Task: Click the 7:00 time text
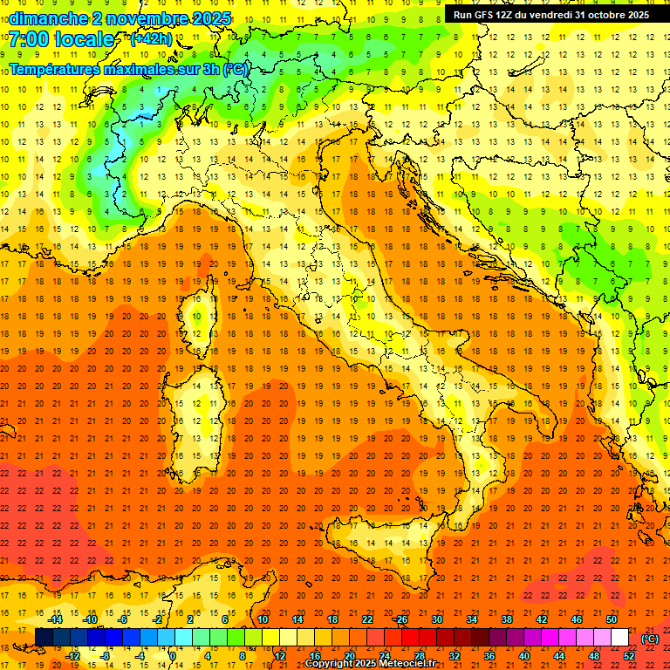28,40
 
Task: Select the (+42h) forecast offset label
151,39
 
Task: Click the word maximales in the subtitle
139,69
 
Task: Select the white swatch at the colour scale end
619,637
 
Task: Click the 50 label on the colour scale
612,619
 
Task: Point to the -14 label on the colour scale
57,619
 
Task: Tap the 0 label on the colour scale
173,656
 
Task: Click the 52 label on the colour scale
629,656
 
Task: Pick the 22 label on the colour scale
366,619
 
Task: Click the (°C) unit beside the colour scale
650,638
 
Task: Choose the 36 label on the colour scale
489,656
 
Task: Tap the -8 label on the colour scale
106,656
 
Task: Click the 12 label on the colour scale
279,656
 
